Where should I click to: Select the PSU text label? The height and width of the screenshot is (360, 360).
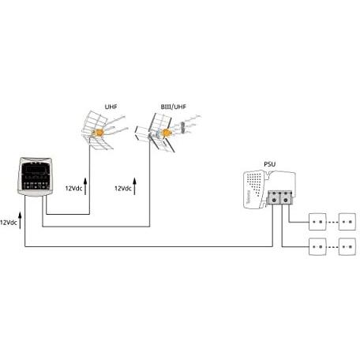[x=268, y=164]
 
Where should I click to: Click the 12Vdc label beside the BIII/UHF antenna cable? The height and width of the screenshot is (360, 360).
[x=123, y=189]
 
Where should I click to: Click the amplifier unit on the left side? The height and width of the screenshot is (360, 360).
[x=35, y=177]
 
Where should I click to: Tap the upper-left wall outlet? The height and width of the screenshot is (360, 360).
[x=318, y=222]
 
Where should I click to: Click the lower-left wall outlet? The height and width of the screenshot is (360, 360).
[x=318, y=248]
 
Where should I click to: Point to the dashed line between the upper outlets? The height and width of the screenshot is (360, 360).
[x=333, y=222]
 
